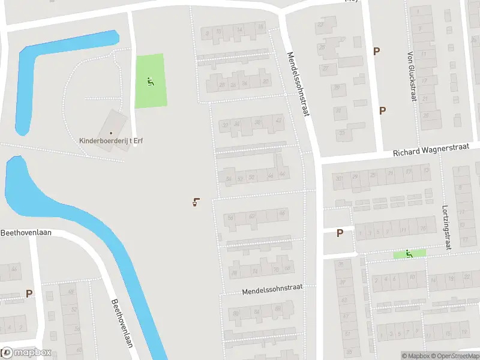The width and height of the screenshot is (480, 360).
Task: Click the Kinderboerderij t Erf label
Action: click(x=111, y=141)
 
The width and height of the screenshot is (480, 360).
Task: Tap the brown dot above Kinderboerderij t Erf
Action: click(x=111, y=133)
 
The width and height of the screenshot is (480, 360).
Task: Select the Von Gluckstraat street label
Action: click(x=412, y=76)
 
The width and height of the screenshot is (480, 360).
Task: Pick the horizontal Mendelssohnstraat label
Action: click(x=272, y=290)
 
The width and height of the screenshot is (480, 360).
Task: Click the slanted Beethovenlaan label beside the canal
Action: click(x=122, y=323)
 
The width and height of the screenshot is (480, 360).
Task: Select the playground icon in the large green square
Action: click(x=150, y=81)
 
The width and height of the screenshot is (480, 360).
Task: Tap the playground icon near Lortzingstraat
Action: click(x=409, y=254)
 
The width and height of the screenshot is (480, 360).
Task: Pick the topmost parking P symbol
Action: click(x=377, y=52)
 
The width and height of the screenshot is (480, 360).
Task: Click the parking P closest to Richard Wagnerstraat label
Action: click(x=382, y=110)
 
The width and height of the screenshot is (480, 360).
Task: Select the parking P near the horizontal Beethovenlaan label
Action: click(x=29, y=293)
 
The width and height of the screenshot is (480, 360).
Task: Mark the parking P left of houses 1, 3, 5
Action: click(x=340, y=233)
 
